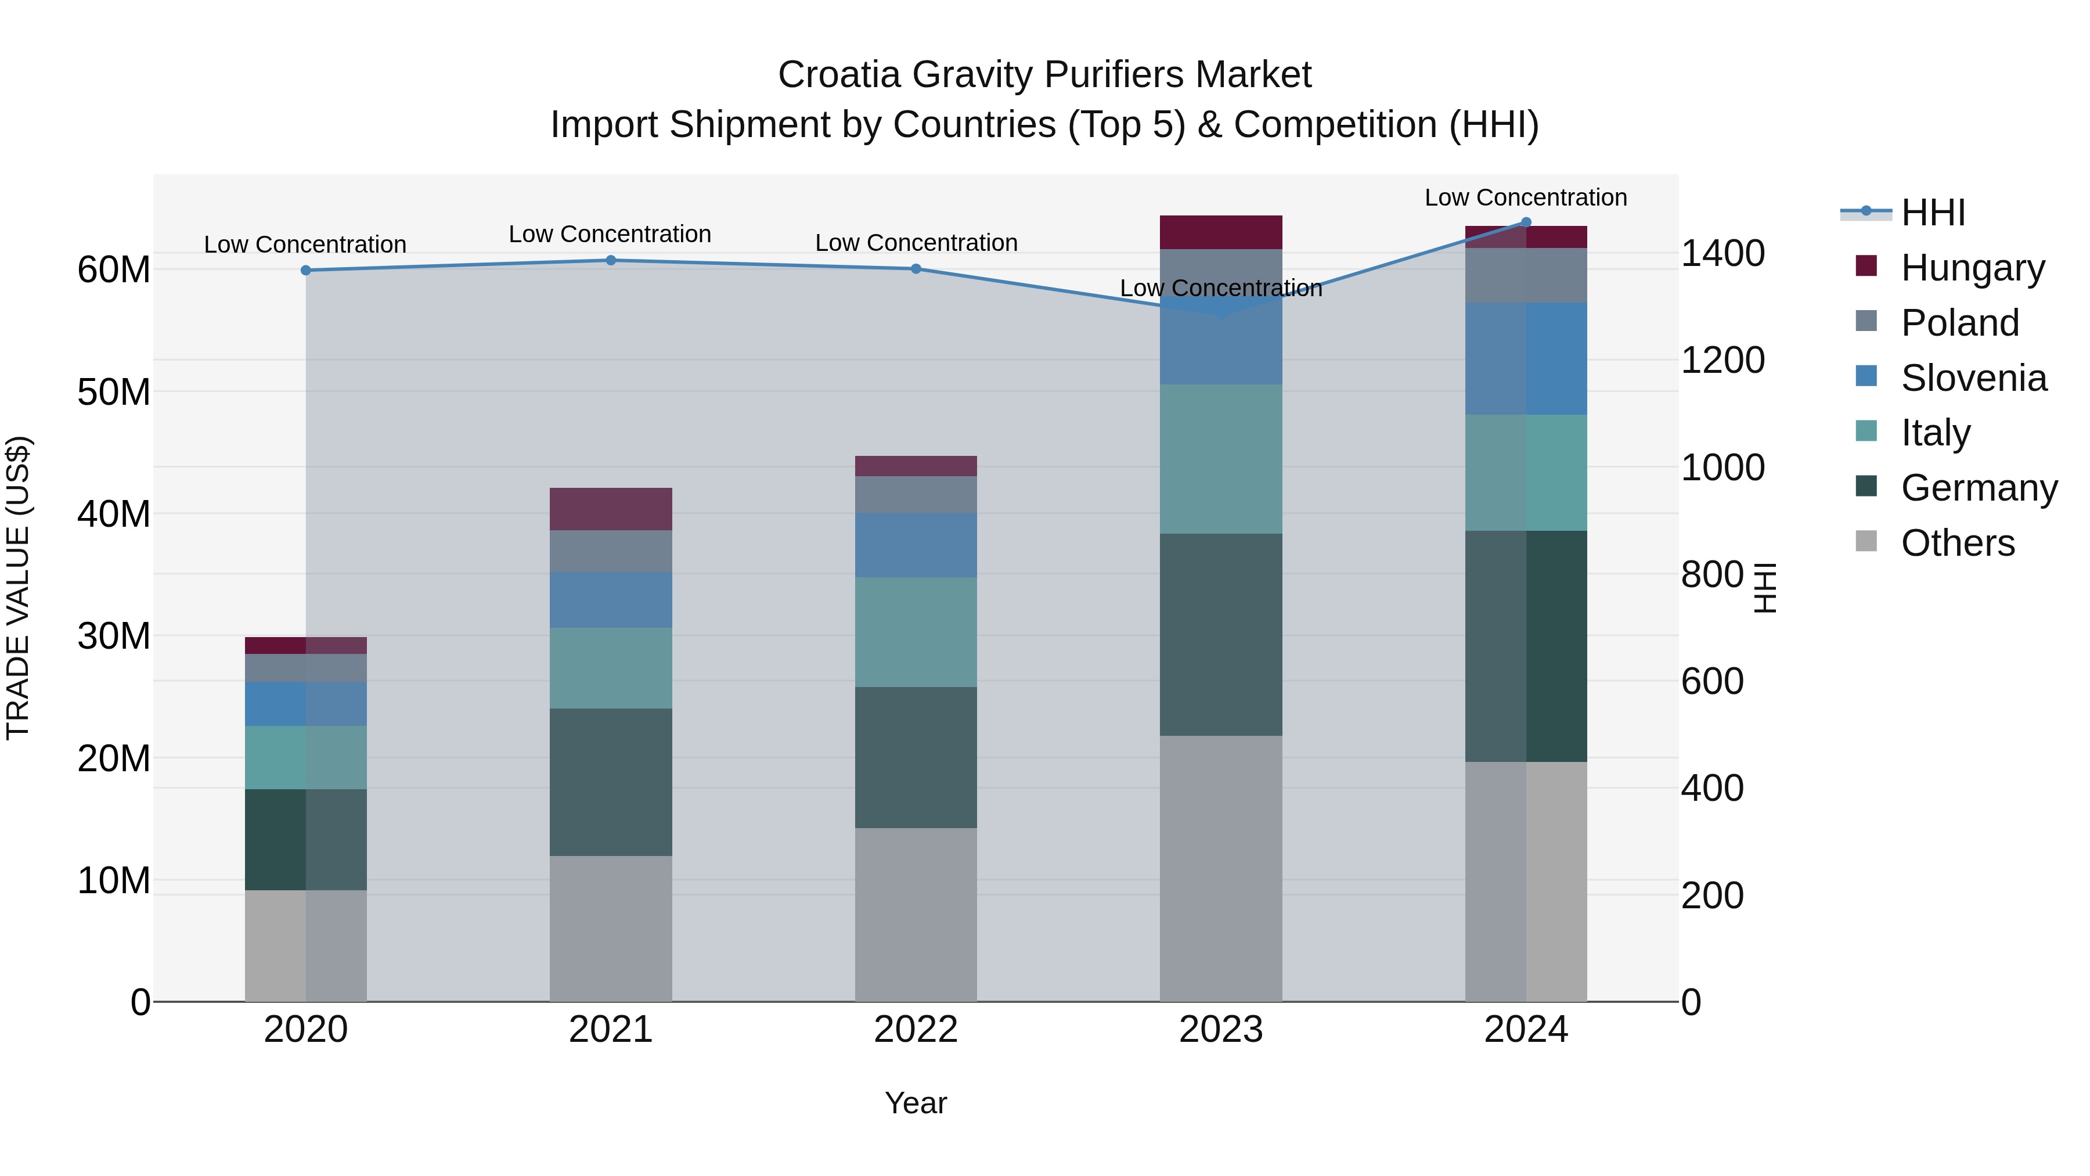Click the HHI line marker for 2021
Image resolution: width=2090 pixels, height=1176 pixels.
[x=611, y=261]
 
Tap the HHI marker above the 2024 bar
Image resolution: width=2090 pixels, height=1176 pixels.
[x=1525, y=222]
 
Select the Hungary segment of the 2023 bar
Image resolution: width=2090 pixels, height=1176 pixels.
[x=1220, y=232]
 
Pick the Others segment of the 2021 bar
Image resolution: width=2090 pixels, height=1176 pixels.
[x=611, y=929]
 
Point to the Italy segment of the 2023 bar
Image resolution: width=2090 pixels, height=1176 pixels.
[x=1220, y=459]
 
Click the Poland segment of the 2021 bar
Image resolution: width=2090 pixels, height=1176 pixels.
[x=611, y=551]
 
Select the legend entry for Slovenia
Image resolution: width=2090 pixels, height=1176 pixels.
[x=1973, y=378]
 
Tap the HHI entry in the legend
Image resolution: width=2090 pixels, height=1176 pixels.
[x=1933, y=213]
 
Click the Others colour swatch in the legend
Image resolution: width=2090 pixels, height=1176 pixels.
[x=1866, y=541]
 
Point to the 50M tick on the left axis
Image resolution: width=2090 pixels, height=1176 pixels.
[x=114, y=392]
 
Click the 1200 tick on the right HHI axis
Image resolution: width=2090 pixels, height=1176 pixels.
[x=1722, y=360]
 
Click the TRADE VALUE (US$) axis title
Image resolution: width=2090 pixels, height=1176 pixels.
[x=18, y=588]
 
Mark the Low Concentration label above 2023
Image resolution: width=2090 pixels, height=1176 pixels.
[x=1220, y=288]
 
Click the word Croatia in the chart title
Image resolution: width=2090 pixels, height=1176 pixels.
[x=839, y=75]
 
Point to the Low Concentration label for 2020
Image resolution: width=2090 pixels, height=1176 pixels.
[x=305, y=244]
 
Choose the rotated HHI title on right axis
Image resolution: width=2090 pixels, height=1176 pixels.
[x=1764, y=588]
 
